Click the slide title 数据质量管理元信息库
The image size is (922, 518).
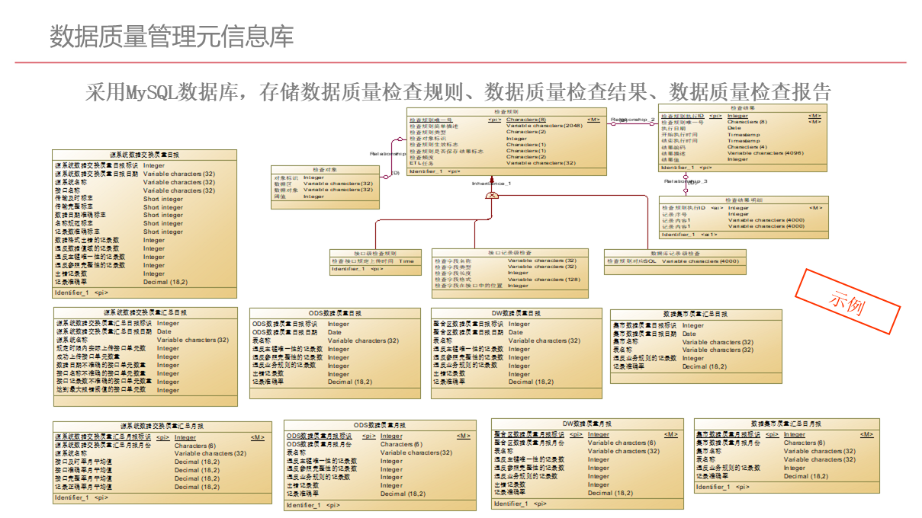pyautogui.click(x=172, y=36)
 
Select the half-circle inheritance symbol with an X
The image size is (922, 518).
pyautogui.click(x=492, y=196)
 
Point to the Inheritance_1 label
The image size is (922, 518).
pyautogui.click(x=491, y=184)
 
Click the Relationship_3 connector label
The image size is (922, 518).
pyautogui.click(x=686, y=181)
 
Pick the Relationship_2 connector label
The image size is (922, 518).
pyautogui.click(x=632, y=120)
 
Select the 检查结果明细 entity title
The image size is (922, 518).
pyautogui.click(x=743, y=200)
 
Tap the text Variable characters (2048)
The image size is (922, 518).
pyautogui.click(x=545, y=126)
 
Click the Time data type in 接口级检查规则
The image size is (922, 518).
pyautogui.click(x=406, y=261)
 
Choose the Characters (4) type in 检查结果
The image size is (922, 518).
pyautogui.click(x=747, y=147)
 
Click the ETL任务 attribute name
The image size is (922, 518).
pyautogui.click(x=421, y=163)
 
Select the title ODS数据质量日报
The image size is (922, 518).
pyautogui.click(x=335, y=313)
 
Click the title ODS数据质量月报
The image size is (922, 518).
pyautogui.click(x=379, y=425)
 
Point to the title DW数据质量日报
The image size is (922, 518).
pyautogui.click(x=516, y=313)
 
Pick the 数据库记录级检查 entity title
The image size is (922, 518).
pyautogui.click(x=675, y=253)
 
